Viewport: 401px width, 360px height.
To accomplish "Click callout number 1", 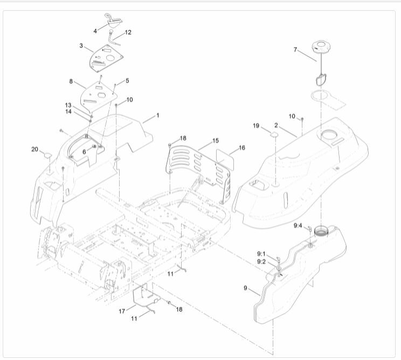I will tap(157, 115).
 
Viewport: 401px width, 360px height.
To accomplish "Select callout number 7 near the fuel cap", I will tap(295, 50).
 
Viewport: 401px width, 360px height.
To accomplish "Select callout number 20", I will tap(34, 149).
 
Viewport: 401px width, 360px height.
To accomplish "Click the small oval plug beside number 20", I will tap(47, 156).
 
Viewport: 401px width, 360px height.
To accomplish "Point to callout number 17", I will tap(122, 311).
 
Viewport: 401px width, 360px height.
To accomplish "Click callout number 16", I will tap(242, 147).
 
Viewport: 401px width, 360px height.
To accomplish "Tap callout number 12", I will tap(128, 32).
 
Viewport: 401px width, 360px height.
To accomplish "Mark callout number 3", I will tap(81, 46).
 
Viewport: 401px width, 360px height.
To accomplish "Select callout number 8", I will tap(71, 81).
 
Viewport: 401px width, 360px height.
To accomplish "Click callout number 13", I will tap(68, 105).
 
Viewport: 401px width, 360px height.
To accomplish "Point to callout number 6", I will tap(84, 152).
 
